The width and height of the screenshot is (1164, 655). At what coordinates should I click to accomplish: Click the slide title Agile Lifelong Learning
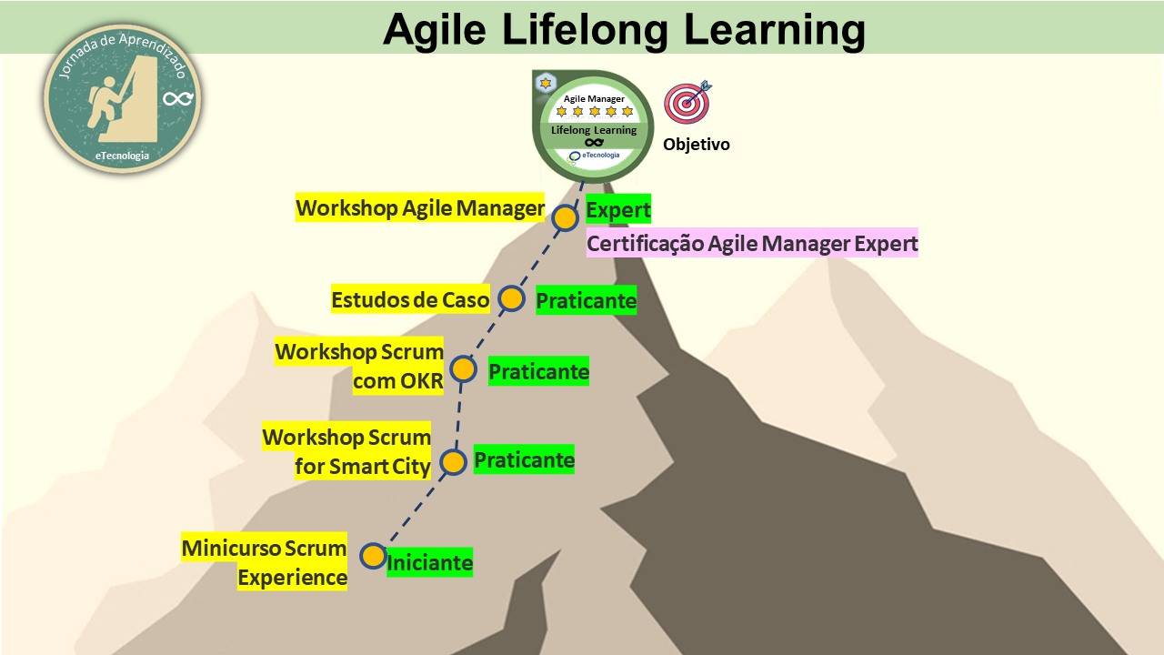(x=624, y=30)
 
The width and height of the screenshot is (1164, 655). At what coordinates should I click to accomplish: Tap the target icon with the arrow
(x=687, y=103)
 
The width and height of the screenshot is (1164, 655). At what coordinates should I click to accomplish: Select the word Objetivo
(x=697, y=144)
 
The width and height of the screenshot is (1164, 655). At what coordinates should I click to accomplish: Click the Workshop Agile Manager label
(x=420, y=208)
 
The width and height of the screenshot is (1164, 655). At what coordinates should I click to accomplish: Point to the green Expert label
(x=618, y=209)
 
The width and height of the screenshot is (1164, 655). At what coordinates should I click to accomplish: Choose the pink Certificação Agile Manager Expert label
(x=752, y=243)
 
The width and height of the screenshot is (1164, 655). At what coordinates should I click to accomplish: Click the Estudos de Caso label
(x=410, y=299)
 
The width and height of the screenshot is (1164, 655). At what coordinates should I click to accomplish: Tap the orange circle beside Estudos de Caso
(x=511, y=299)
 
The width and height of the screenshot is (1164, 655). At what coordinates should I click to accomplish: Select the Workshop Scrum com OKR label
(x=359, y=366)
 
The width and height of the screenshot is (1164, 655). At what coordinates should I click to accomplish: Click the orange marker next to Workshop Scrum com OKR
(x=464, y=369)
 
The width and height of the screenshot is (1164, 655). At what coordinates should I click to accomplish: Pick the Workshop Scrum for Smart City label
(x=346, y=450)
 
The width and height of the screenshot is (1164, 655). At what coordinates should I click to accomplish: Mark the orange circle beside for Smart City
(x=453, y=462)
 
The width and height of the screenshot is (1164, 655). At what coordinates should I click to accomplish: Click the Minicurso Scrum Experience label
(x=264, y=562)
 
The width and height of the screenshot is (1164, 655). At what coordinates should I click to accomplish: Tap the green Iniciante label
(x=430, y=562)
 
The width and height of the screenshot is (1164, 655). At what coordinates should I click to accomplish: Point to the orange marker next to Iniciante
(x=373, y=556)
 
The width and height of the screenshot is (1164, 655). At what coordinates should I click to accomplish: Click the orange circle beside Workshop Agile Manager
(x=565, y=217)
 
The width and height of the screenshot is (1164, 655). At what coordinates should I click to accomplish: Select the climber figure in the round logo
(x=105, y=102)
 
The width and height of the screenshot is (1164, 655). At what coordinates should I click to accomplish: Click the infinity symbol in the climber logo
(x=178, y=98)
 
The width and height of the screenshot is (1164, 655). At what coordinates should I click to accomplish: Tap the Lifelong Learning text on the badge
(x=594, y=130)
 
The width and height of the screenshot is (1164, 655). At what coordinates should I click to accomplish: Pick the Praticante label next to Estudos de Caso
(x=587, y=300)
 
